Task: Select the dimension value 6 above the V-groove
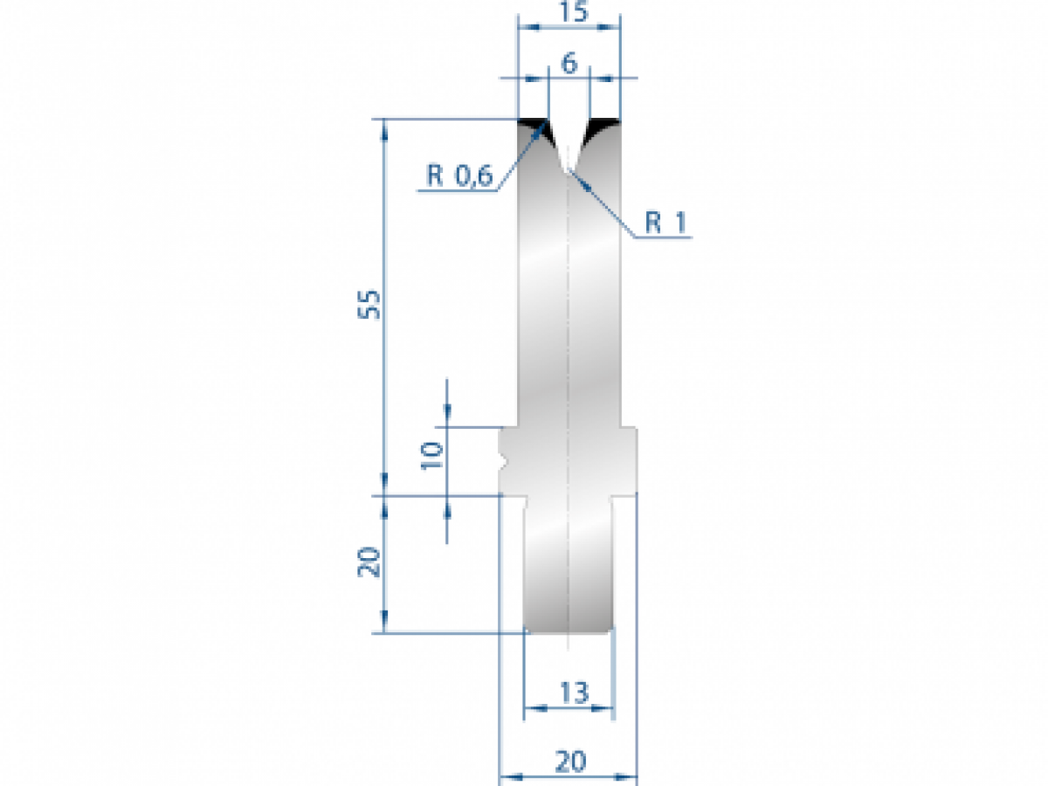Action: pyautogui.click(x=569, y=63)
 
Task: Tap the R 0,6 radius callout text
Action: pyautogui.click(x=460, y=176)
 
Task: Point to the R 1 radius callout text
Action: pyautogui.click(x=666, y=224)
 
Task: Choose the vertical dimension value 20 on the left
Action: pyautogui.click(x=370, y=562)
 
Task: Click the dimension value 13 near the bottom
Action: pyautogui.click(x=573, y=693)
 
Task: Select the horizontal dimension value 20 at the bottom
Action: pyautogui.click(x=570, y=762)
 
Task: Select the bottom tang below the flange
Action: pyautogui.click(x=569, y=568)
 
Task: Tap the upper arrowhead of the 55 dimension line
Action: pyautogui.click(x=384, y=127)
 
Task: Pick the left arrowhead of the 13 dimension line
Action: pyautogui.click(x=530, y=707)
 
